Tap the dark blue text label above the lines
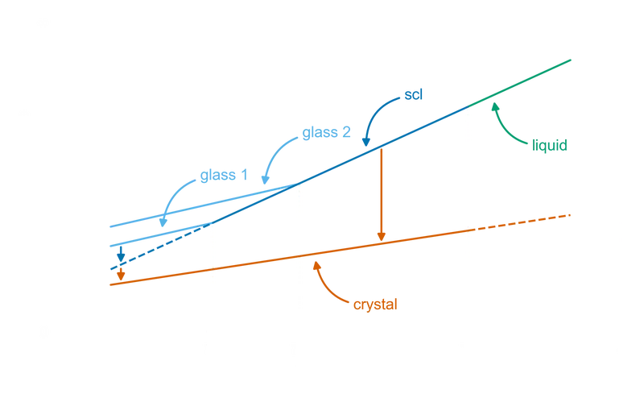pos(413,94)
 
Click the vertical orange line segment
pos(380,193)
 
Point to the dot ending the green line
pos(568,60)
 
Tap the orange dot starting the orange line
pos(120,274)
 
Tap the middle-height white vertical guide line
pos(300,258)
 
